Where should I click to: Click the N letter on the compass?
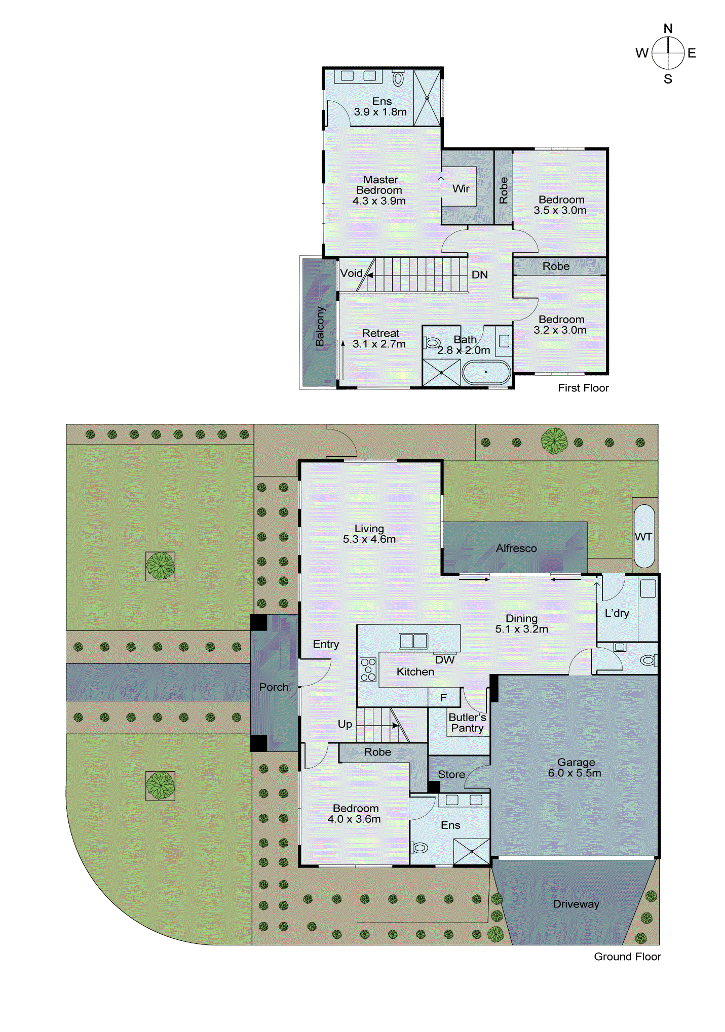pos(668,29)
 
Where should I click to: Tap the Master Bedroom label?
pos(379,190)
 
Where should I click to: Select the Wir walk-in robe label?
pos(461,189)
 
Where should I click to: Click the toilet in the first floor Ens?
pos(398,78)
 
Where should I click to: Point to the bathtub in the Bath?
pos(486,372)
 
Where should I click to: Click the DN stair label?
pos(479,275)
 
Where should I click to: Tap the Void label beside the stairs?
pos(351,273)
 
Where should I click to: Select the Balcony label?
pos(320,326)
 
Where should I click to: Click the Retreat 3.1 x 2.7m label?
pos(379,339)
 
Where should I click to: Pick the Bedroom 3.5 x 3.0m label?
pos(560,205)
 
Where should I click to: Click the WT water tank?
pos(643,536)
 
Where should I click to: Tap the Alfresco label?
pos(516,548)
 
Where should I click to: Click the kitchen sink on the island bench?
pos(413,641)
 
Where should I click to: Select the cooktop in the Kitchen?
pos(368,669)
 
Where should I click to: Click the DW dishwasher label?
pos(444,660)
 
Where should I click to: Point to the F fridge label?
pos(443,698)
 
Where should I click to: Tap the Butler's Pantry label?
pos(467,723)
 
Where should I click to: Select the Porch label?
pos(274,687)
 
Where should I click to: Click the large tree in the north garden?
pos(554,441)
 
